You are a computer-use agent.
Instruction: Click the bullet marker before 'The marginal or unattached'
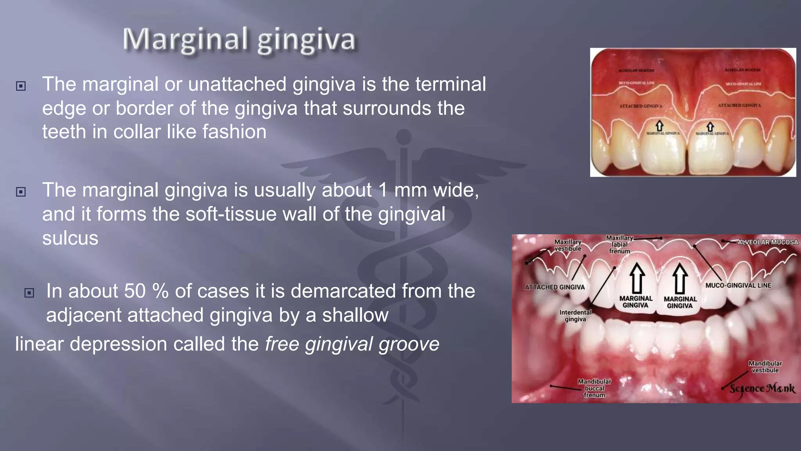[21, 86]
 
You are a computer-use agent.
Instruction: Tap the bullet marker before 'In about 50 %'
[29, 292]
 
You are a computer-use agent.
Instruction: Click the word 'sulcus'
[70, 238]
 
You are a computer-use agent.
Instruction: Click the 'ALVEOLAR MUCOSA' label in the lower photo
[767, 242]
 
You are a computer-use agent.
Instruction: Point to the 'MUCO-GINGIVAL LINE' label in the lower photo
[738, 285]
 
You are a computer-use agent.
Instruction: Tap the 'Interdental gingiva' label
[575, 316]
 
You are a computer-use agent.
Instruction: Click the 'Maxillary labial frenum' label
[620, 244]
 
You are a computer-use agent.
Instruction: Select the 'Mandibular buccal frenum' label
[594, 388]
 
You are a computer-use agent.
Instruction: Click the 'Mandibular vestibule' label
[765, 367]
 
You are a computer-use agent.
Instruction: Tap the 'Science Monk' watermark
[762, 389]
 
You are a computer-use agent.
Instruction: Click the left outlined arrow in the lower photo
[638, 278]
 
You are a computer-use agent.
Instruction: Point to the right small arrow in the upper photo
[710, 126]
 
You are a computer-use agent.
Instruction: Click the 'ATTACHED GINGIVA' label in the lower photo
[555, 287]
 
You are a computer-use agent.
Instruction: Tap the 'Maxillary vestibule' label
[568, 245]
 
